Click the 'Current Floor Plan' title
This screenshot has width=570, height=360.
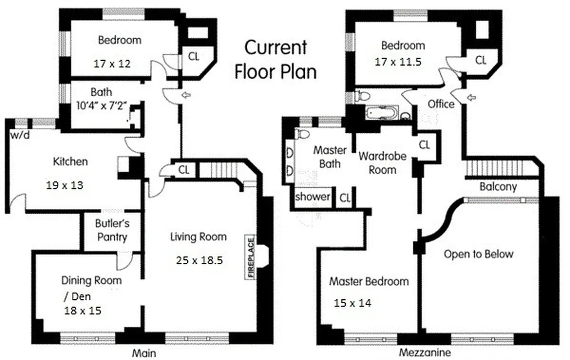coord(276,59)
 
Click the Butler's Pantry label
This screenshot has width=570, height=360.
coord(111,230)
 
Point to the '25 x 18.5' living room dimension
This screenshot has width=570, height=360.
coord(198,260)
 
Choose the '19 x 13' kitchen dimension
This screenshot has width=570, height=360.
coord(64,184)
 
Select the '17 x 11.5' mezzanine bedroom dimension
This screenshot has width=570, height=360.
coord(398,62)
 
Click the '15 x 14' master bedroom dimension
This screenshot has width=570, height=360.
coord(352,303)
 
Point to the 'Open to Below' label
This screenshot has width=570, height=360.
coord(478,254)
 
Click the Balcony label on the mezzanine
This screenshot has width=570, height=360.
coord(498,186)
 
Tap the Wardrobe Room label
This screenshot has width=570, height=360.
coord(382,163)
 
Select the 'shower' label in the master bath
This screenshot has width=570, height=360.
coord(312,197)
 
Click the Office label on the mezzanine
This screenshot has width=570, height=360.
coord(441,104)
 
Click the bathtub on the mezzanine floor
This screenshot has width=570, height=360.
coord(381,112)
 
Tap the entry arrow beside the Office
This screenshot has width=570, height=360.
coord(471,97)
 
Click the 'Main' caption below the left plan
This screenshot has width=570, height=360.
coord(144,353)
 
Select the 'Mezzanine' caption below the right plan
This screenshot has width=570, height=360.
coord(425,352)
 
